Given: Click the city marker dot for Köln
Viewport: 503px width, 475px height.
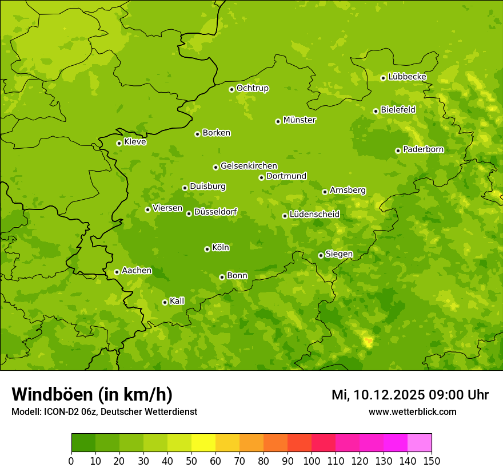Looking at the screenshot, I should pos(207,249).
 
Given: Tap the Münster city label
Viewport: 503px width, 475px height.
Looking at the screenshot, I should pos(300,120).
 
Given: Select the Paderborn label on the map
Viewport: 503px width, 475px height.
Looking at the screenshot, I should pos(423,149).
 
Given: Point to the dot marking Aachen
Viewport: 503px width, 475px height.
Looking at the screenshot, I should pos(117,272).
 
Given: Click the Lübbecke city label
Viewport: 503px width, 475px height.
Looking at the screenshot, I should pos(407,77).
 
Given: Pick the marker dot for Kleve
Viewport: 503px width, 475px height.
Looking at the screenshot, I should pos(119,143).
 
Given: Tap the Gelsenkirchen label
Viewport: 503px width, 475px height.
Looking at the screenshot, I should pos(249,166).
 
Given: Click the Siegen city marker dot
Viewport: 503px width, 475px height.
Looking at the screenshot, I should pos(321,255).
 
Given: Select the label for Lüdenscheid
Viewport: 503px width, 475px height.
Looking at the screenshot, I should pos(314,215).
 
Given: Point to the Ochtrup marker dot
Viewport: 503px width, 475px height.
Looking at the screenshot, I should pos(231,89).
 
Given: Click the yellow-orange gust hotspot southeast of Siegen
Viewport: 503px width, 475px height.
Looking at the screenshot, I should pos(369,342).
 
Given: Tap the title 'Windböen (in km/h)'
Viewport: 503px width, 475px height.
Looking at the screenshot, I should pos(92,394).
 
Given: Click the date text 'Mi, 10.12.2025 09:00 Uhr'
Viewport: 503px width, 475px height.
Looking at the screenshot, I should pos(410,395).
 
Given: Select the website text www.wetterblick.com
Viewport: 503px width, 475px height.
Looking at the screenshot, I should pos(412,411).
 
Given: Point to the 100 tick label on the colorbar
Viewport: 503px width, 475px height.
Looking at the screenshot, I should pos(312,461).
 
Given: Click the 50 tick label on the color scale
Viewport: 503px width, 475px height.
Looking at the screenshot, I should pos(191,461).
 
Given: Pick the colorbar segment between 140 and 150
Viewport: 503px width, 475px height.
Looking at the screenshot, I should pos(420,442).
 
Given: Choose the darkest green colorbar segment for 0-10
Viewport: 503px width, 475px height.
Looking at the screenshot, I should pos(83,442).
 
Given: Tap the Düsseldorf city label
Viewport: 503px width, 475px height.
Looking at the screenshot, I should pos(215,212).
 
